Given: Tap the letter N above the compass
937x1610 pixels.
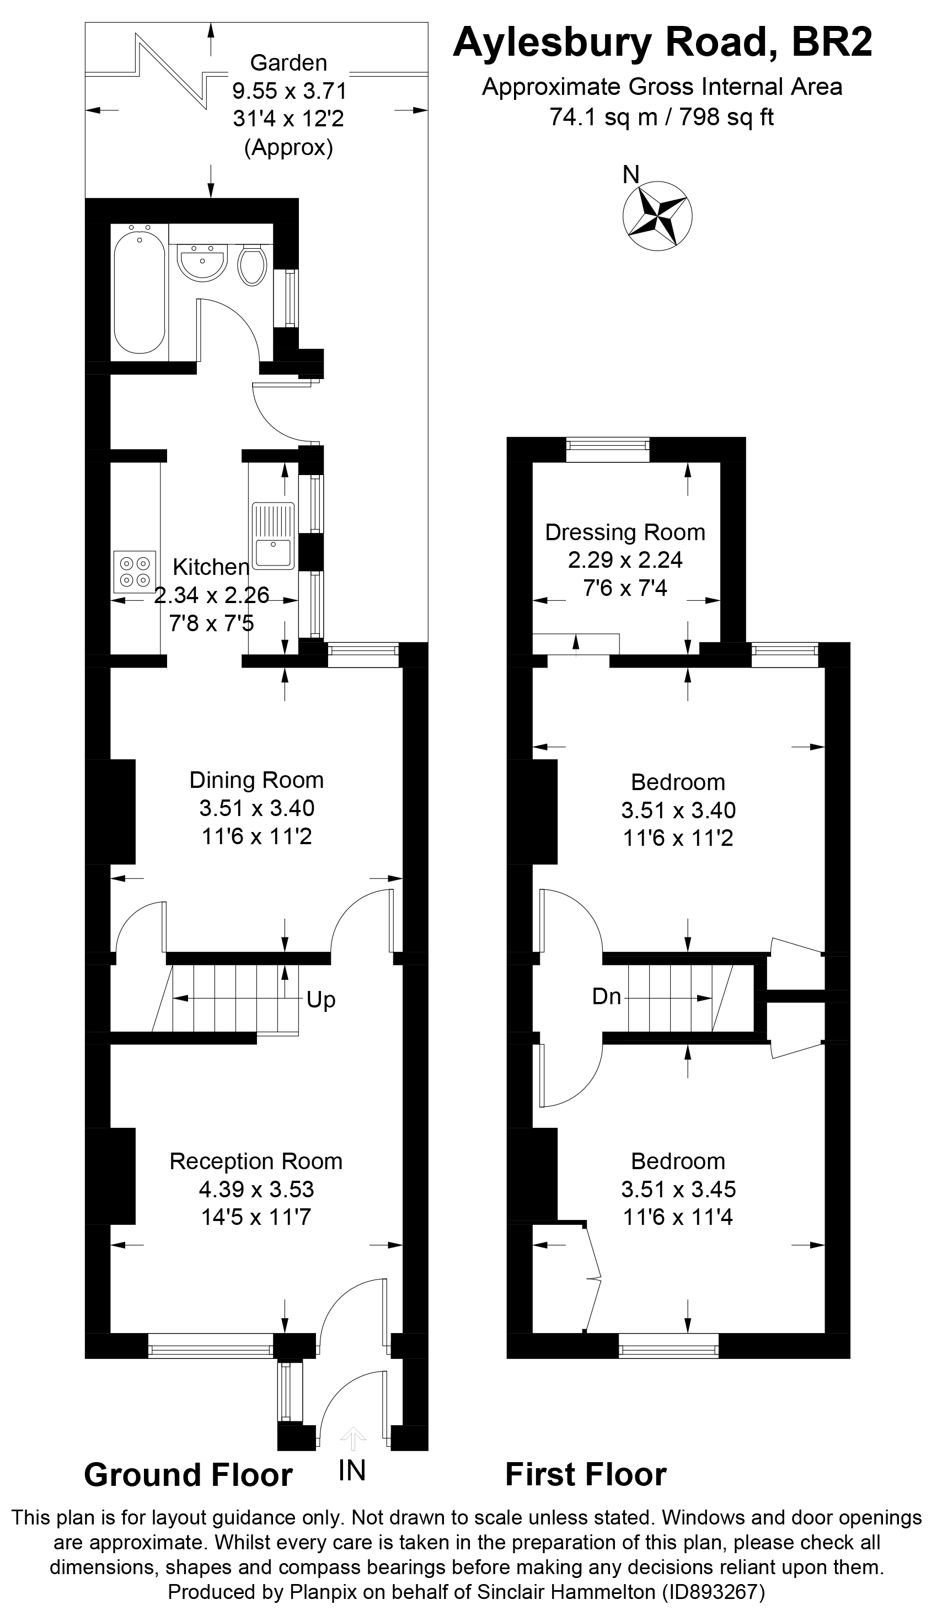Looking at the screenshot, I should point(630,174).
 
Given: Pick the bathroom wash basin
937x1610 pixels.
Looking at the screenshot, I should point(201,262).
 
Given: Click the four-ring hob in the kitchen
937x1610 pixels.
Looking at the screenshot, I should point(135,571).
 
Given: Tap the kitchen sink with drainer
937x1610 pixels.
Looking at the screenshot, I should point(274,536).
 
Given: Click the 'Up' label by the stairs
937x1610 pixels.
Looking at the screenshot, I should point(320,1000).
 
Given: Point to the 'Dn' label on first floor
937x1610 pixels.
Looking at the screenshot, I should point(606,996).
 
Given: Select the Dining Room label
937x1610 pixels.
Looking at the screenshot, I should point(256,780).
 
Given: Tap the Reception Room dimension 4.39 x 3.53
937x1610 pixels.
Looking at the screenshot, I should point(256,1189).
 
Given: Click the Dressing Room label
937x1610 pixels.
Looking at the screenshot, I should point(625,532).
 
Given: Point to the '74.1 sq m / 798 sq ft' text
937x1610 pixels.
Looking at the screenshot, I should point(661,117).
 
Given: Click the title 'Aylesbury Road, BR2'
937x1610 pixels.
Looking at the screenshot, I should point(662,44).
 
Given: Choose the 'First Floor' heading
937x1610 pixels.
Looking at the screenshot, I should point(586,1475).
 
